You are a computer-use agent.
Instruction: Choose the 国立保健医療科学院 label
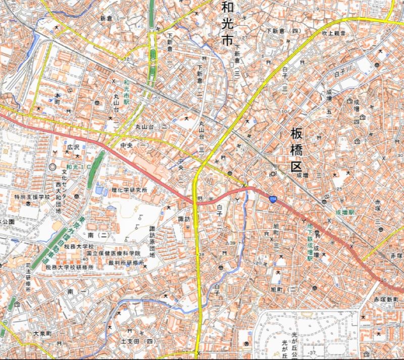click(x=113, y=253)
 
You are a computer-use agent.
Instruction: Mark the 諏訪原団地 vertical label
click(x=152, y=242)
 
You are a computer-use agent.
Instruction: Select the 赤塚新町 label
click(x=386, y=299)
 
